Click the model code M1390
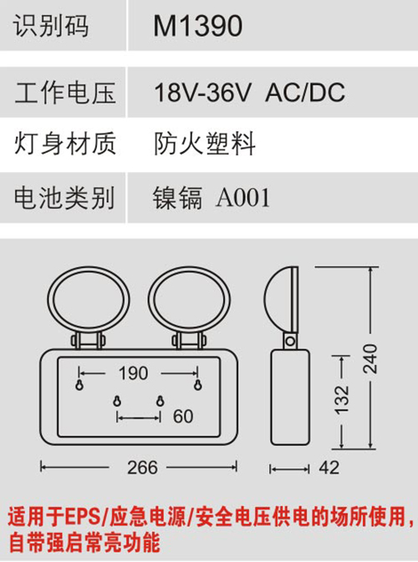coord(197,26)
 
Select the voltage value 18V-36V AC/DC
coord(249,92)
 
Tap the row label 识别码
coord(51,26)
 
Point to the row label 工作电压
coord(65,93)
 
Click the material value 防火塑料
coord(205,144)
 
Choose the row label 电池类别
coord(64,197)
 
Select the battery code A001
coord(242,197)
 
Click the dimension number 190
coord(134,373)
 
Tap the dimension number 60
coord(183,417)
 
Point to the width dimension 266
coord(142,468)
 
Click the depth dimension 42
coord(329,468)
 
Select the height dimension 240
coord(370,359)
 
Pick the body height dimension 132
coord(342,400)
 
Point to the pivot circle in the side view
coord(291,341)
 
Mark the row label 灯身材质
coord(65,144)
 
